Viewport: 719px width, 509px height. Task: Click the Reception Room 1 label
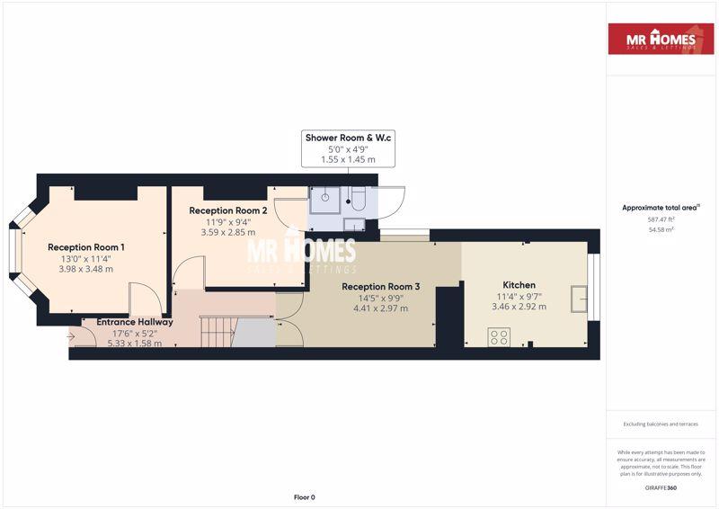[85, 247]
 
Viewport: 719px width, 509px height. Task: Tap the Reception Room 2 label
[228, 210]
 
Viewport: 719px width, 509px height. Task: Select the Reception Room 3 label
[380, 287]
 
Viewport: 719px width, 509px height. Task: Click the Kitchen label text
[519, 285]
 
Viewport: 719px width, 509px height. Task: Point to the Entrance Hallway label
[135, 322]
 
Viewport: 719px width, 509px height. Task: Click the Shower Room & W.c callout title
[348, 138]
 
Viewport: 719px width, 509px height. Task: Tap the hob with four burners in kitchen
[499, 337]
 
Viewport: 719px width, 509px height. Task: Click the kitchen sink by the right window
[579, 299]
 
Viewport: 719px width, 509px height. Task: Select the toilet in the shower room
[358, 198]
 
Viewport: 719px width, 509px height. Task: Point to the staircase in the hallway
[218, 331]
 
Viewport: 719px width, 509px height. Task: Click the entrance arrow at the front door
[71, 337]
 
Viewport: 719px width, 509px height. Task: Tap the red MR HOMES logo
[661, 39]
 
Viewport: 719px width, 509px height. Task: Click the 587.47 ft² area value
[661, 219]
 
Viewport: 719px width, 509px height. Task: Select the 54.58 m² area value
[661, 229]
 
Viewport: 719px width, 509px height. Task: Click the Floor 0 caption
[305, 497]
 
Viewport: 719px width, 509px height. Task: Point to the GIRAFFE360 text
[661, 488]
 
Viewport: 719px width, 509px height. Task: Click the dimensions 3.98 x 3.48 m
[85, 270]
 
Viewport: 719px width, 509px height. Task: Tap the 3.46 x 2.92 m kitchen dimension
[519, 307]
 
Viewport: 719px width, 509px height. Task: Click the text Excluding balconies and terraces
[661, 424]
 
